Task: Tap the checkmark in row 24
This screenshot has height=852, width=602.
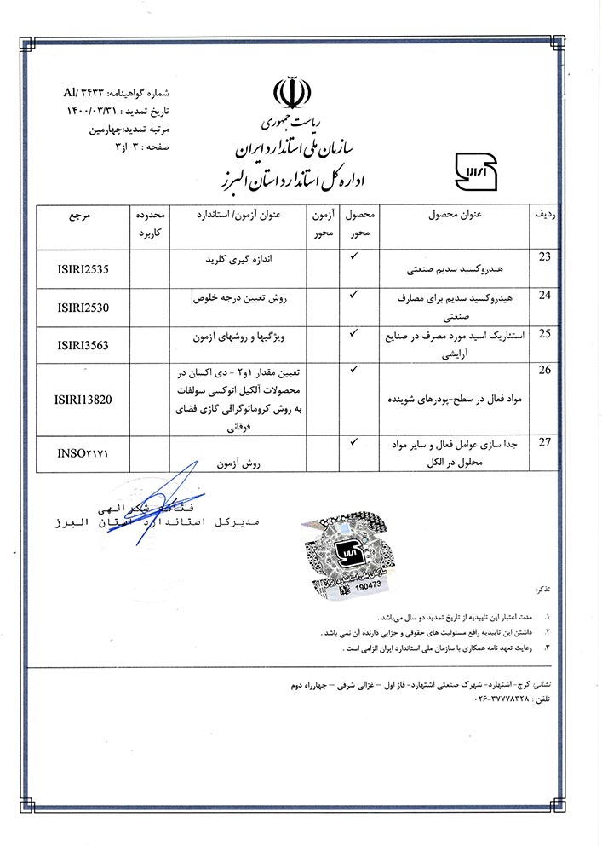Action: pos(353,294)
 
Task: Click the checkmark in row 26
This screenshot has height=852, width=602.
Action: pos(353,369)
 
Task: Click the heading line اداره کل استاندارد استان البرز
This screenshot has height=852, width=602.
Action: pos(289,178)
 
